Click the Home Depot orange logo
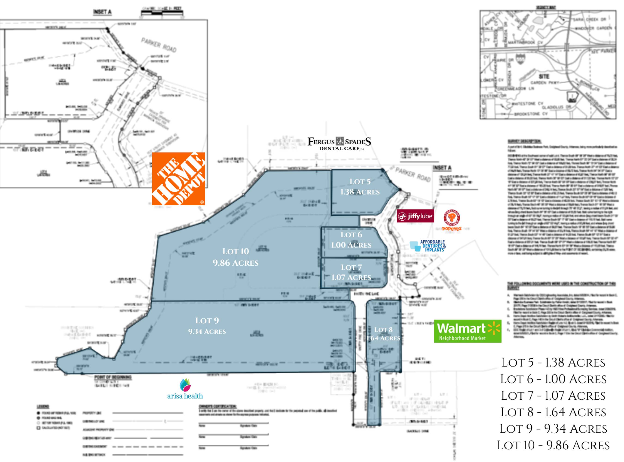pyautogui.click(x=178, y=179)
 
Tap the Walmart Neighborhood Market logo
pyautogui.click(x=467, y=331)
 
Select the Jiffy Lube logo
pyautogui.click(x=415, y=216)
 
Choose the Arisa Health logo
pyautogui.click(x=185, y=389)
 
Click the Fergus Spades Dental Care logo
pyautogui.click(x=339, y=144)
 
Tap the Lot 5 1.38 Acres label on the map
pyautogui.click(x=360, y=187)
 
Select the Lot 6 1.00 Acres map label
pyautogui.click(x=351, y=240)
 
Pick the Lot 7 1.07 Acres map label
pyautogui.click(x=351, y=272)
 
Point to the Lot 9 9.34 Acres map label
pyautogui.click(x=207, y=325)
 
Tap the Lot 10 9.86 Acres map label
pyautogui.click(x=235, y=257)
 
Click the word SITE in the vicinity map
pyautogui.click(x=544, y=76)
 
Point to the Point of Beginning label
pyautogui.click(x=113, y=377)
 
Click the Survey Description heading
pyautogui.click(x=524, y=141)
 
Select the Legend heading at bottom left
pyautogui.click(x=43, y=406)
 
